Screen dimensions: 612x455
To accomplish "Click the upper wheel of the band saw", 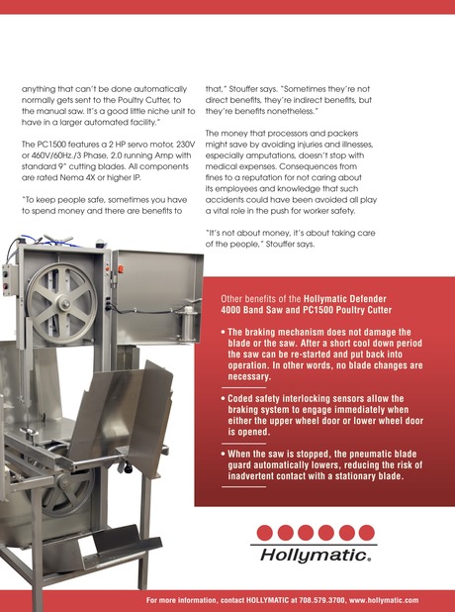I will pos(61,302).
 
